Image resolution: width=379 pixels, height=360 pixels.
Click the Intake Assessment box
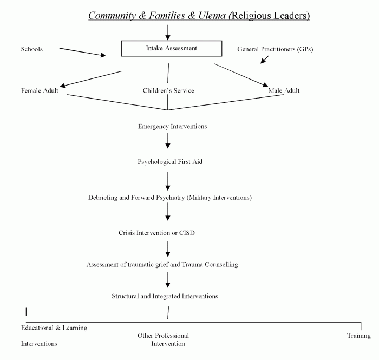(171, 48)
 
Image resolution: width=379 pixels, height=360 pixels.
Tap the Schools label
(31, 49)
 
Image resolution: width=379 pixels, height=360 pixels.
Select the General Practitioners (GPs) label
(275, 49)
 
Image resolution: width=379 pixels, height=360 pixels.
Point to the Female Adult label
(40, 90)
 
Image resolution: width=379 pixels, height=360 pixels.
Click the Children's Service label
(168, 90)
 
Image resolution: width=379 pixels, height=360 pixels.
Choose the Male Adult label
(284, 90)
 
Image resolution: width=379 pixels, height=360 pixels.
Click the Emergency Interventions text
(172, 126)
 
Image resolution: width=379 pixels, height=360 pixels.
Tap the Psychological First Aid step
(170, 161)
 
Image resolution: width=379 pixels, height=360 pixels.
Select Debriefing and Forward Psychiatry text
(169, 198)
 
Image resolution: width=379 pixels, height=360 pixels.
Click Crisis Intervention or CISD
(156, 233)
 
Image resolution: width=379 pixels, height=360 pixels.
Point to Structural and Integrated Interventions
(165, 296)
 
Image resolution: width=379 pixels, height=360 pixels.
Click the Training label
(358, 336)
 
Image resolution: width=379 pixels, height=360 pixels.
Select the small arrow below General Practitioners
(264, 59)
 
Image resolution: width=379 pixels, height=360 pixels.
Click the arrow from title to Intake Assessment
(168, 32)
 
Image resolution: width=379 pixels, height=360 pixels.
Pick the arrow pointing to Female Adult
(90, 78)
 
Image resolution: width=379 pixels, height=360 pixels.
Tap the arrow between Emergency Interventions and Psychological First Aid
(168, 141)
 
